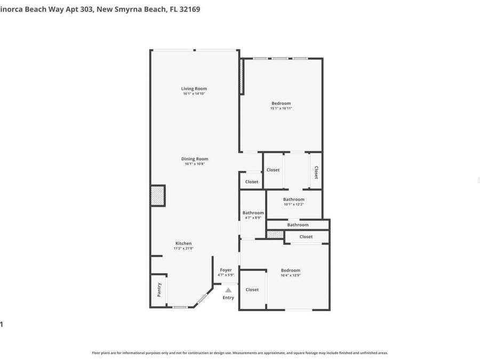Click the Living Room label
(x=194, y=89)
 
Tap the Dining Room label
(x=194, y=158)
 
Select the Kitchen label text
(x=183, y=243)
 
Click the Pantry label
(x=158, y=290)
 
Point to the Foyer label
(x=226, y=270)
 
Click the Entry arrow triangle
(x=228, y=290)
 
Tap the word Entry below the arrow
(x=228, y=298)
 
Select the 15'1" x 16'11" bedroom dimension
(x=281, y=108)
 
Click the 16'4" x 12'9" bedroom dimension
(x=291, y=275)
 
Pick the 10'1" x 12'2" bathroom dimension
(x=293, y=204)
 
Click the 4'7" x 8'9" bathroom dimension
(x=253, y=218)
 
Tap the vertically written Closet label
(x=316, y=172)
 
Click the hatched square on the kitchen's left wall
(x=158, y=195)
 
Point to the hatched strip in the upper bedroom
(x=241, y=77)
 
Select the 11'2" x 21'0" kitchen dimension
(x=183, y=248)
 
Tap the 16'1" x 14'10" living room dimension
(x=194, y=93)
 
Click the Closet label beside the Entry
(x=252, y=290)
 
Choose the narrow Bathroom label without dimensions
(x=298, y=225)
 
